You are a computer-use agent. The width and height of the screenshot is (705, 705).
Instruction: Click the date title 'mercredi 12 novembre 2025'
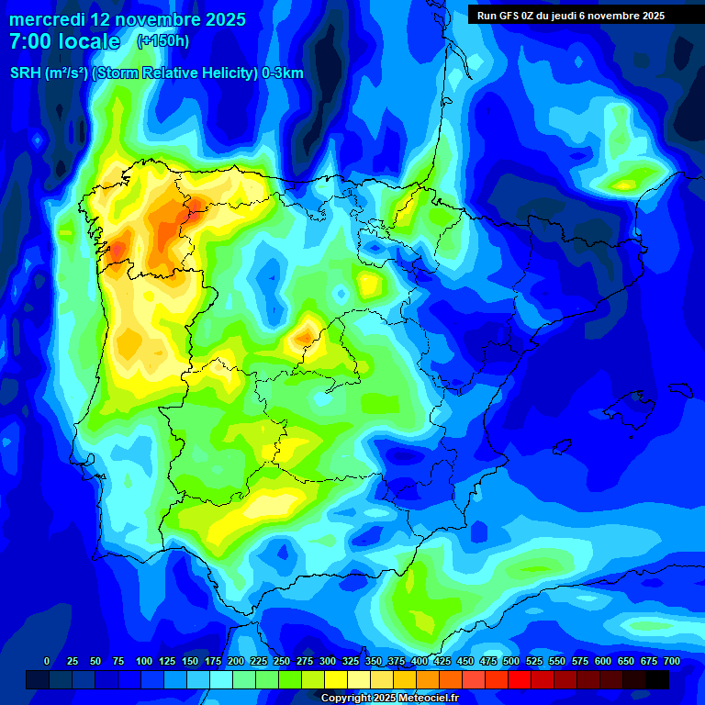128,19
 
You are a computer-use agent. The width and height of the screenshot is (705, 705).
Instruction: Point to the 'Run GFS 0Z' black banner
570,15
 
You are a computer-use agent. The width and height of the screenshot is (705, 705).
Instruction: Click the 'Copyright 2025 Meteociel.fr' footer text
389,698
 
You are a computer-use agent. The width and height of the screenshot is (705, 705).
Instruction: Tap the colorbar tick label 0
47,661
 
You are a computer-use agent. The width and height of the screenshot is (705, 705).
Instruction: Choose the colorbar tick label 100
143,661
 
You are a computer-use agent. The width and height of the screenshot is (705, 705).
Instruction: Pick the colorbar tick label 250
282,661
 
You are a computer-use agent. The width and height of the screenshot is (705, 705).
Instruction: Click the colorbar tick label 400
420,661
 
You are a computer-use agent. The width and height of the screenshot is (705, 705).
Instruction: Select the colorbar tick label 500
511,661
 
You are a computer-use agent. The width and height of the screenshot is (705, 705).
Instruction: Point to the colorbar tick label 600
603,661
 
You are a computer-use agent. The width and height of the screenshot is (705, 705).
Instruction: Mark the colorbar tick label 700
672,661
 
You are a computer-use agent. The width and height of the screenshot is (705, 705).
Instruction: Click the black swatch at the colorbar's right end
657,679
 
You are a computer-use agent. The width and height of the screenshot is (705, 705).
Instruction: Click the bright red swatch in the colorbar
520,679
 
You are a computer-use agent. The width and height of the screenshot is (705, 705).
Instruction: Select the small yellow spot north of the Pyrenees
625,185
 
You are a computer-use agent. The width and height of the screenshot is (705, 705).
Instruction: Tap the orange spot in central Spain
303,338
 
